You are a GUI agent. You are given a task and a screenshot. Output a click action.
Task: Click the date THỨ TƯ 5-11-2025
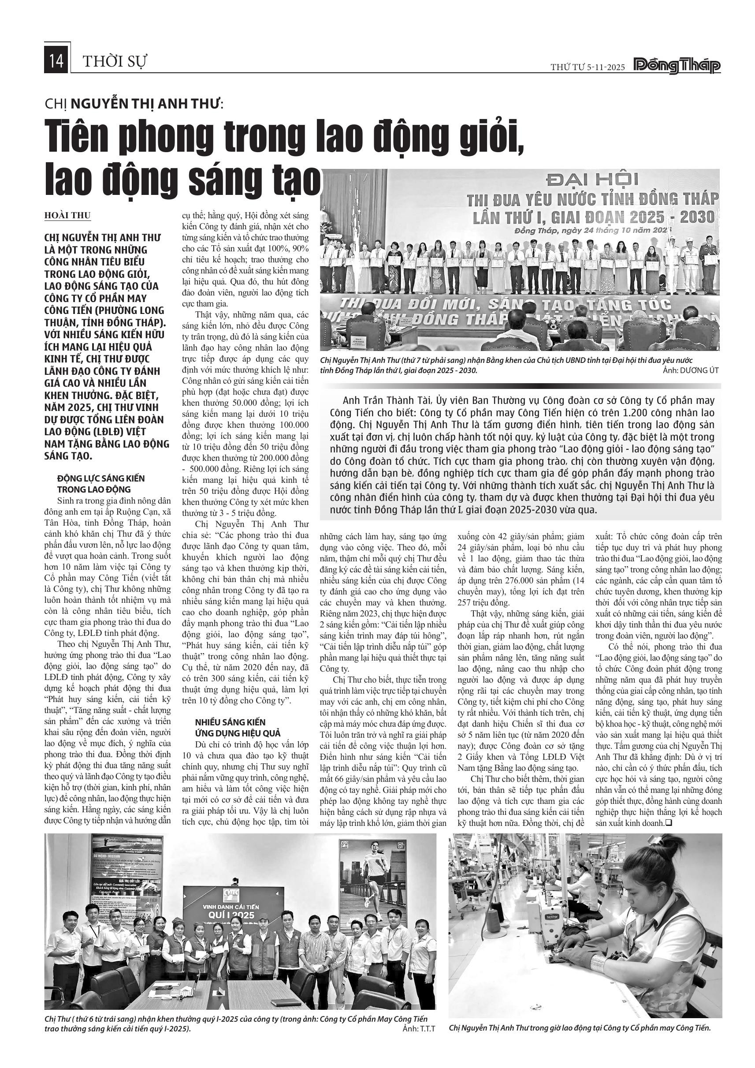[588, 67]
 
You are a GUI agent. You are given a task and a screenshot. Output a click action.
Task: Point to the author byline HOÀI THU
[67, 215]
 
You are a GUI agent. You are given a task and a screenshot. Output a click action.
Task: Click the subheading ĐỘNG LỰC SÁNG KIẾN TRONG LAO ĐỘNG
[101, 484]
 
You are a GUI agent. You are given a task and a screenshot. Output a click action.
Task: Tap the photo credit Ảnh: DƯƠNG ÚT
[691, 370]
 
